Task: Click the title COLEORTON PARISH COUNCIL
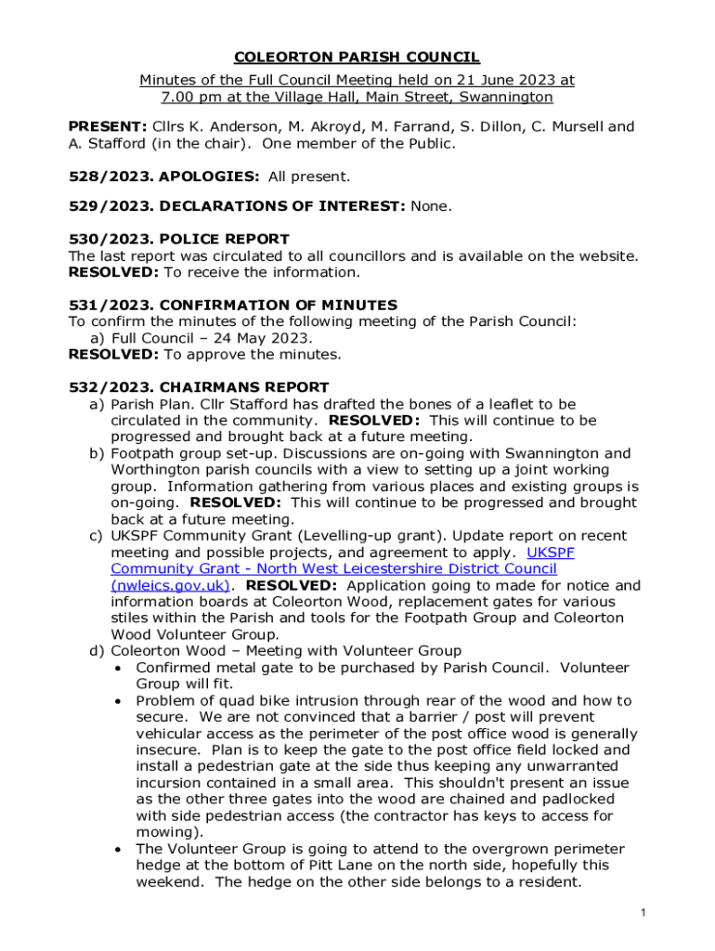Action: coord(357,58)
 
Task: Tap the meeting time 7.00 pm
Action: coord(189,98)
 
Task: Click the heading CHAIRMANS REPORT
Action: coord(244,387)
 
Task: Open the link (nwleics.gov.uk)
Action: coord(170,585)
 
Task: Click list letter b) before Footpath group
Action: coord(96,453)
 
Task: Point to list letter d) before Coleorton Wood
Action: coord(96,650)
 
